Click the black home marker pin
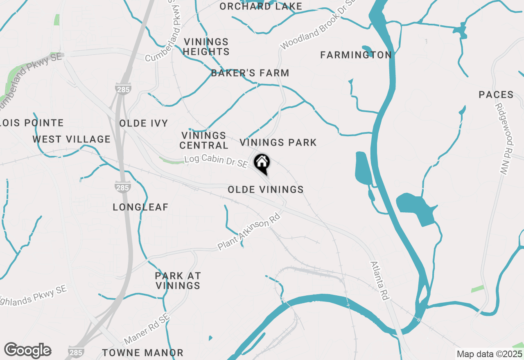click(262, 162)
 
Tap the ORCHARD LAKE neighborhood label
click(261, 7)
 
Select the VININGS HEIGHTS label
click(206, 47)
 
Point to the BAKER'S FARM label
click(250, 73)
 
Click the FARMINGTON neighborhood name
click(356, 55)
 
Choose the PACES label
click(496, 95)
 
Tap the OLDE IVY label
click(144, 124)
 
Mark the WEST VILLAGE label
click(72, 139)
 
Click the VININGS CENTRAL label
click(204, 140)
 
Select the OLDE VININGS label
click(266, 189)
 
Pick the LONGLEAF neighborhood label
click(140, 207)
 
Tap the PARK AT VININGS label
click(178, 281)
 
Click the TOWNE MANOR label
click(143, 353)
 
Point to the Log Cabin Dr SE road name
click(216, 161)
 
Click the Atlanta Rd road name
click(379, 281)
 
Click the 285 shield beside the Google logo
click(77, 352)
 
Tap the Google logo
click(27, 351)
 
